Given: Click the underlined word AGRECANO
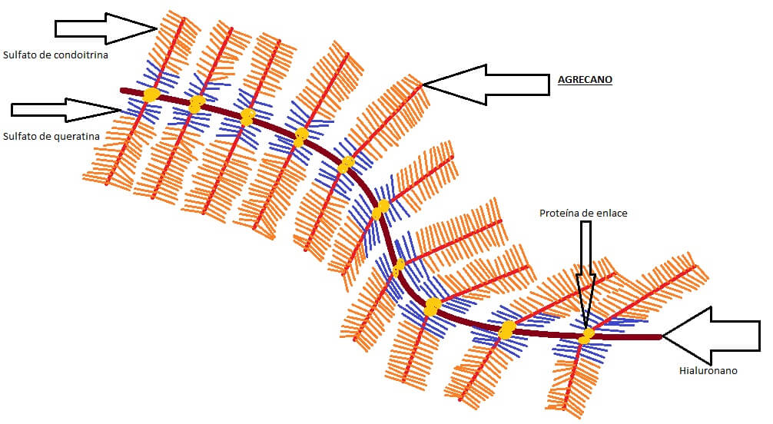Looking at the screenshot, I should click(x=585, y=80).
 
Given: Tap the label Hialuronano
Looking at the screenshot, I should click(x=708, y=371).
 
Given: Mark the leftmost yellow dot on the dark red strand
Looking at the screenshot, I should click(x=151, y=94).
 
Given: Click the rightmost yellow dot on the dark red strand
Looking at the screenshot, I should click(x=586, y=336).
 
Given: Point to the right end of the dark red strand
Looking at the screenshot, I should click(x=659, y=336).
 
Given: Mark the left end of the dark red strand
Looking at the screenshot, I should click(x=122, y=90).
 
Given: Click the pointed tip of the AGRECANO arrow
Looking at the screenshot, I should click(x=424, y=84).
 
